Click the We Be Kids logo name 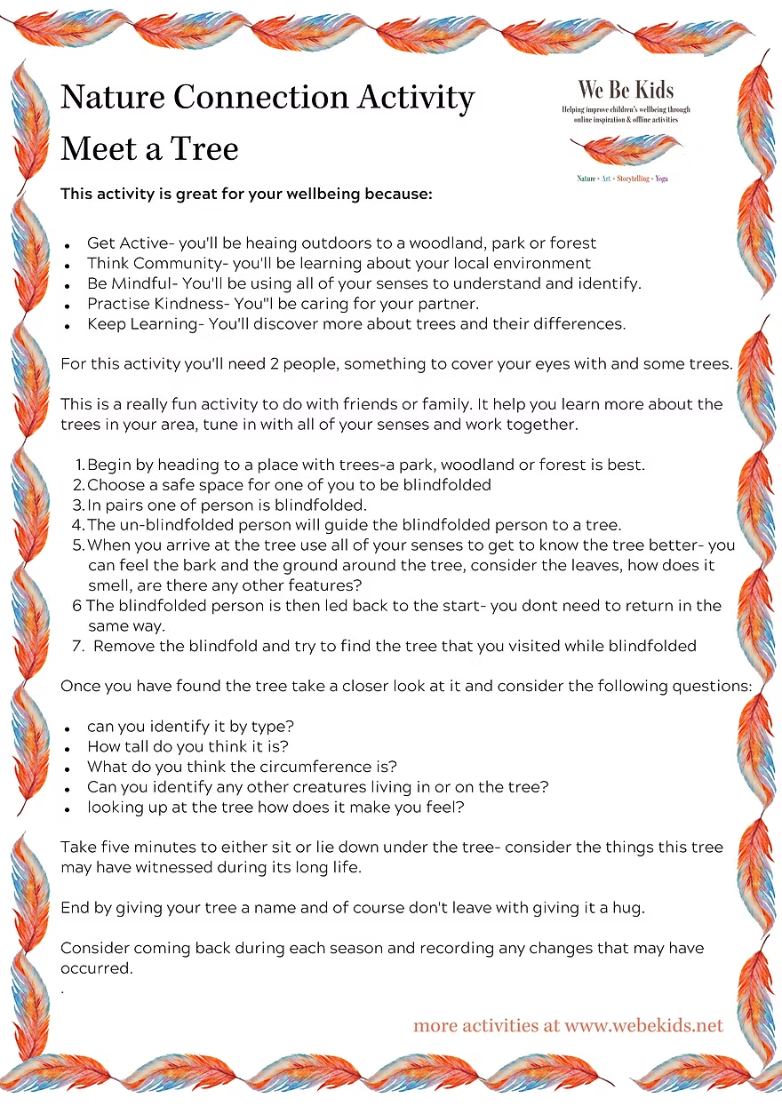pyautogui.click(x=626, y=89)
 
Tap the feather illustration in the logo pyautogui.click(x=626, y=149)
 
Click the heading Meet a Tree pyautogui.click(x=149, y=148)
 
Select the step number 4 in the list pyautogui.click(x=78, y=525)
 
